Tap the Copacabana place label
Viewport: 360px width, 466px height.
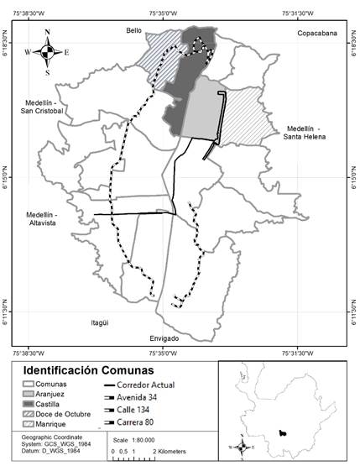[316, 33]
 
